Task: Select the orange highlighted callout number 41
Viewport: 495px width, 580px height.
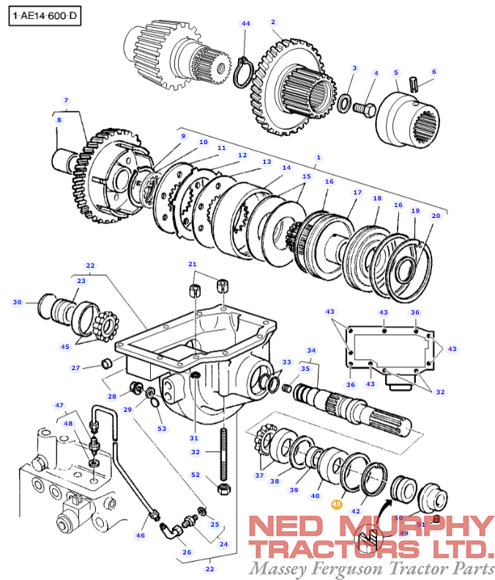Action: (x=337, y=504)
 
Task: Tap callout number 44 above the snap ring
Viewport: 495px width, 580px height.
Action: (x=246, y=23)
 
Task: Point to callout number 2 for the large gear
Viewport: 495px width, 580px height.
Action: (x=272, y=23)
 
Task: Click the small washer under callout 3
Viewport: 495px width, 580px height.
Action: (x=345, y=100)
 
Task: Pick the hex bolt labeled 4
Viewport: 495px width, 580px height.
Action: (x=364, y=109)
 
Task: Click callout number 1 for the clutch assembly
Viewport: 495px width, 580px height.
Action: (x=319, y=157)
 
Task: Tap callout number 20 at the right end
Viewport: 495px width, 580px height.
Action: (x=436, y=216)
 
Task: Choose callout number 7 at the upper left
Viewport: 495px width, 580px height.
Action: (x=66, y=100)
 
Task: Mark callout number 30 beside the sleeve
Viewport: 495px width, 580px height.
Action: (x=18, y=302)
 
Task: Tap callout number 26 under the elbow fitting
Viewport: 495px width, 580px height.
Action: (x=187, y=552)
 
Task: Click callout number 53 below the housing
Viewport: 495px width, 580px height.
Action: (x=161, y=429)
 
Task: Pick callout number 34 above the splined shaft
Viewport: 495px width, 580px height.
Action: (x=311, y=350)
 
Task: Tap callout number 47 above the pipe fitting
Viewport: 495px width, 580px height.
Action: (x=60, y=404)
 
